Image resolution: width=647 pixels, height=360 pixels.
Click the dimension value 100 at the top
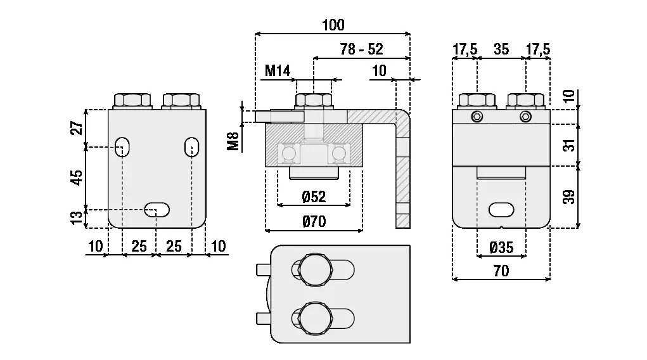coord(333,25)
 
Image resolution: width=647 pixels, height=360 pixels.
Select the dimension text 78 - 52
coord(361,49)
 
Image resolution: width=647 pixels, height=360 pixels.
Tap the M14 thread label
coord(277,70)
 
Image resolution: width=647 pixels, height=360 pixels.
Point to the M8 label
coord(233,141)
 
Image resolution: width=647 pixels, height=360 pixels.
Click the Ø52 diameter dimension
coord(314,196)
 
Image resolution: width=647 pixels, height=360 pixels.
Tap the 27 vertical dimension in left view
coord(77,128)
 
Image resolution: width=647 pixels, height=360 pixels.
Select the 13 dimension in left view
coord(77,218)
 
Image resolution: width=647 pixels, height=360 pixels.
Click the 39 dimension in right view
coord(569,197)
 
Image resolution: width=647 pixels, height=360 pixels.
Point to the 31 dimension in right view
coord(569,145)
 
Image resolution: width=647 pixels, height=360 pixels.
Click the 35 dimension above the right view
coord(501,49)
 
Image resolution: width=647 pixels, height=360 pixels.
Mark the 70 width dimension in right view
coord(501,271)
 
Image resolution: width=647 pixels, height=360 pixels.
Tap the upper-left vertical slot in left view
coord(123,146)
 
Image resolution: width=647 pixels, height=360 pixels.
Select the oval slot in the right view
coord(501,209)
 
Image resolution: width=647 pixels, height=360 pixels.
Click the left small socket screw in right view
coord(477,117)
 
